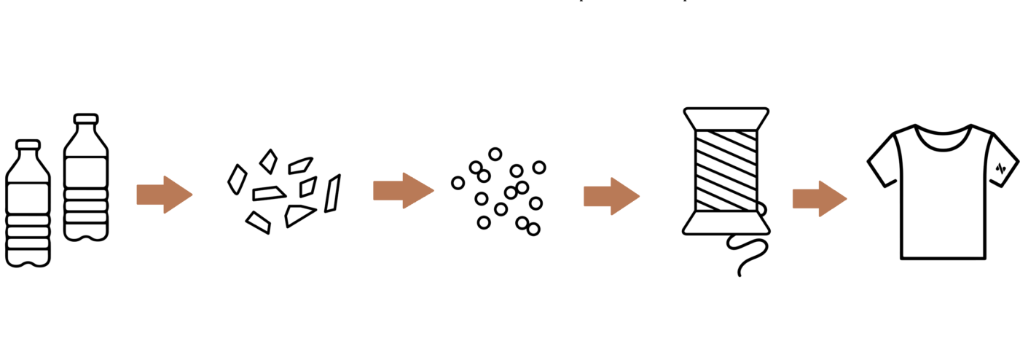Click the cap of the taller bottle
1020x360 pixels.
coord(86,119)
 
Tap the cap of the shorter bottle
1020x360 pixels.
coord(28,144)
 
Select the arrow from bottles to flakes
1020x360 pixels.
coord(164,195)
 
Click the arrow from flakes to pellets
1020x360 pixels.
coord(403,191)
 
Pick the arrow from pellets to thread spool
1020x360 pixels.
coord(611,196)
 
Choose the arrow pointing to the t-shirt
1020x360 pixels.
coord(820,199)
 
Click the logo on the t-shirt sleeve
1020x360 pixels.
coord(1001,167)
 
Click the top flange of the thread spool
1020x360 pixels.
coord(726,117)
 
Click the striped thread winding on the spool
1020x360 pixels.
coord(726,171)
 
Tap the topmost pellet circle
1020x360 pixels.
coord(495,154)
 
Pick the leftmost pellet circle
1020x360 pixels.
coord(458,183)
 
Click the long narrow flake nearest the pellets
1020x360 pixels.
coord(332,194)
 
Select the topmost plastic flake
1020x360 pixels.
coord(269,161)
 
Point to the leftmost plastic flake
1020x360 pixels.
coord(237,179)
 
